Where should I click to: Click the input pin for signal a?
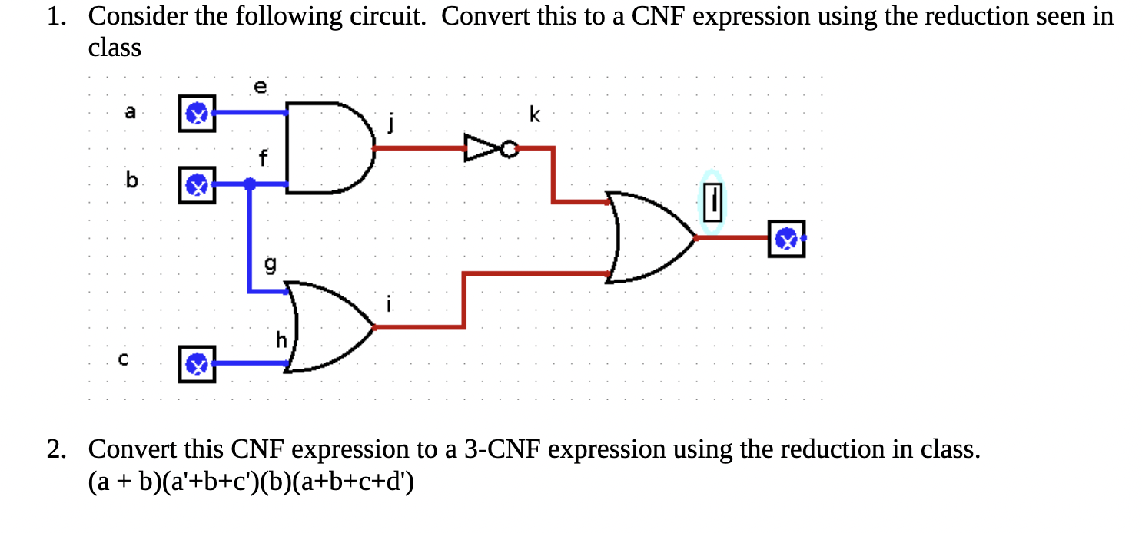click(x=197, y=114)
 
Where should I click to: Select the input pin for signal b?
click(x=197, y=185)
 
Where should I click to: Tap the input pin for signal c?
click(x=197, y=363)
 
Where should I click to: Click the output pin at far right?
click(x=786, y=239)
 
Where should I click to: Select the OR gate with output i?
click(x=327, y=327)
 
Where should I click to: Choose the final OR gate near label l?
click(x=649, y=237)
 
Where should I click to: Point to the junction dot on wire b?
click(x=249, y=184)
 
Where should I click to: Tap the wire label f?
click(x=264, y=160)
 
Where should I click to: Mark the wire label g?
click(x=270, y=266)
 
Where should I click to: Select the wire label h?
click(x=282, y=339)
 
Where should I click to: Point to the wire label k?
click(x=535, y=116)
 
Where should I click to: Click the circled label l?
click(x=712, y=201)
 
